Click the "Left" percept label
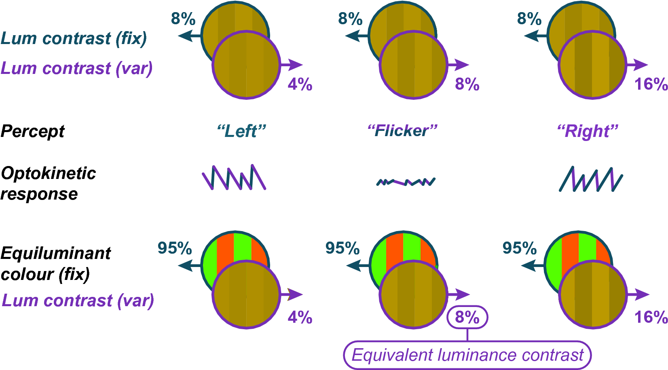tap(241, 131)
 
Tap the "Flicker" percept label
tap(402, 131)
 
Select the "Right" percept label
tap(588, 131)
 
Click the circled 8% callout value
tap(467, 317)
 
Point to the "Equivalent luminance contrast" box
tap(467, 355)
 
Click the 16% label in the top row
tap(651, 84)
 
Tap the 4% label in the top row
tap(300, 84)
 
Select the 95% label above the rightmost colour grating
tap(519, 248)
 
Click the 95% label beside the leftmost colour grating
tap(175, 248)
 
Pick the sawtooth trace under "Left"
tap(234, 177)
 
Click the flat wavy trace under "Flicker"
tap(406, 182)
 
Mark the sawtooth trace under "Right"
tap(591, 179)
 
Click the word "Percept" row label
tap(33, 131)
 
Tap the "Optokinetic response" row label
tap(48, 183)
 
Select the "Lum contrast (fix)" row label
tap(74, 38)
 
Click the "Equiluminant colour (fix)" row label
tap(55, 263)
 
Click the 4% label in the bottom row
tap(300, 317)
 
